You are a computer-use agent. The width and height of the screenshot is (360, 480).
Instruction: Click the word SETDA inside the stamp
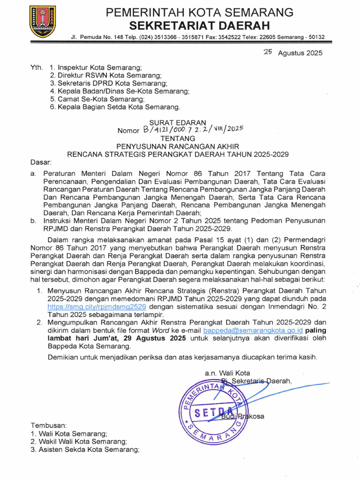tap(210, 412)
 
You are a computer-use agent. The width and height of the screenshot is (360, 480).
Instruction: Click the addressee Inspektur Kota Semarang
tap(99, 67)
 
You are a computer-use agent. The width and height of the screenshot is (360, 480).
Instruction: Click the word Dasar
tap(40, 162)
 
